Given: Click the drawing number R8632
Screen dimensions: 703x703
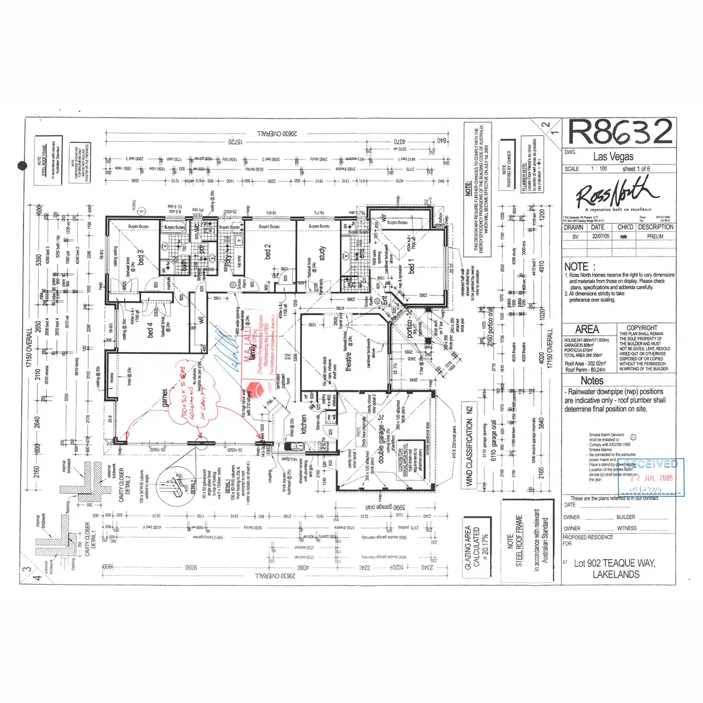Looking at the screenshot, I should pos(620,132).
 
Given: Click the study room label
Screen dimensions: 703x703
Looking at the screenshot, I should pos(322,254).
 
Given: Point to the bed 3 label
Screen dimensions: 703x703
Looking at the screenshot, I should pos(141,258).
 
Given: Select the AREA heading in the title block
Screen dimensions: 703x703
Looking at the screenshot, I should pos(586,329).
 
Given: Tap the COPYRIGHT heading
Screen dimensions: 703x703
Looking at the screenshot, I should pos(642,328).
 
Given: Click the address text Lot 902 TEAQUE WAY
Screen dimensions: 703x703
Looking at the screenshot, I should pos(615,563).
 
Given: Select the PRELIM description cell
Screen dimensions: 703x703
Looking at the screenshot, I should pos(655,237).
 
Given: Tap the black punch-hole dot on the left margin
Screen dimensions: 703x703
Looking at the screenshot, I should pos(22,166).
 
